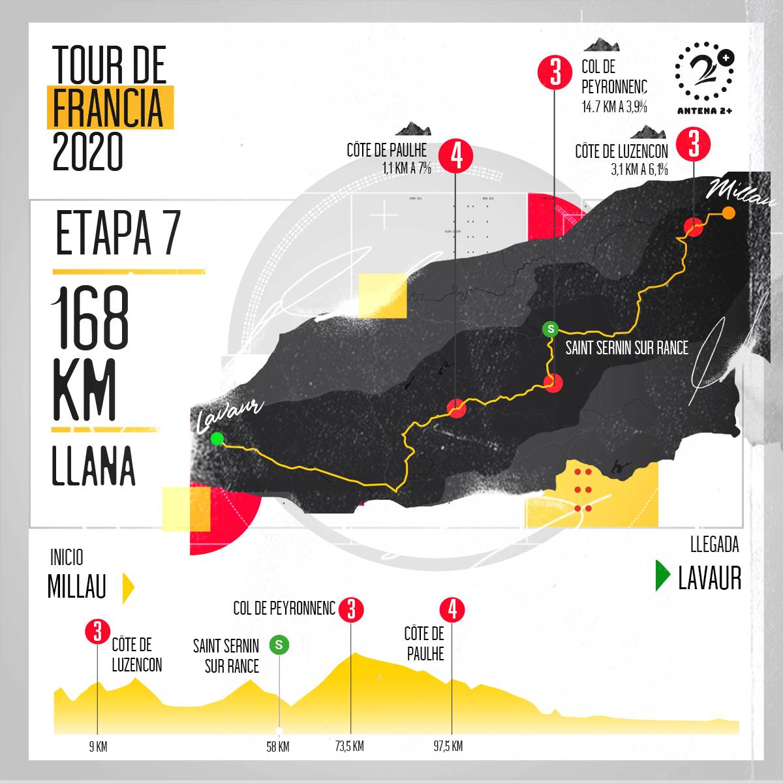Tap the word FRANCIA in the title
pos(108,107)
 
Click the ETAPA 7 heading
pos(117,234)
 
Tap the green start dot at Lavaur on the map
pos(217,438)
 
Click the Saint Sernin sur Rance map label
pos(626,348)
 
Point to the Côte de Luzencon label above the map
pos(621,151)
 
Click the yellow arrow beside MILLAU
pos(129,587)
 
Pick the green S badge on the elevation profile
pos(279,645)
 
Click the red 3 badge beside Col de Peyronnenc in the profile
pos(351,609)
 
